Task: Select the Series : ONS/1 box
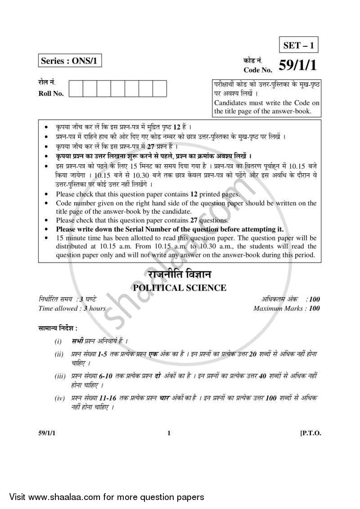coord(70,60)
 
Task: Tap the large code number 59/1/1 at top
coord(297,66)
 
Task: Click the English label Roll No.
coord(51,94)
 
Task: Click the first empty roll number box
coord(76,88)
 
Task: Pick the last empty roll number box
coord(159,88)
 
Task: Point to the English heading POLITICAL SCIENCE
coord(180,288)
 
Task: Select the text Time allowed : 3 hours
coord(72,308)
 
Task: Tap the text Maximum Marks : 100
coord(287,308)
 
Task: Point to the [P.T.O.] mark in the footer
coord(310,433)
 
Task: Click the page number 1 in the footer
coord(169,433)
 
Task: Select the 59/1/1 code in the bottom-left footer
coord(47,433)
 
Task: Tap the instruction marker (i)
coord(58,342)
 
